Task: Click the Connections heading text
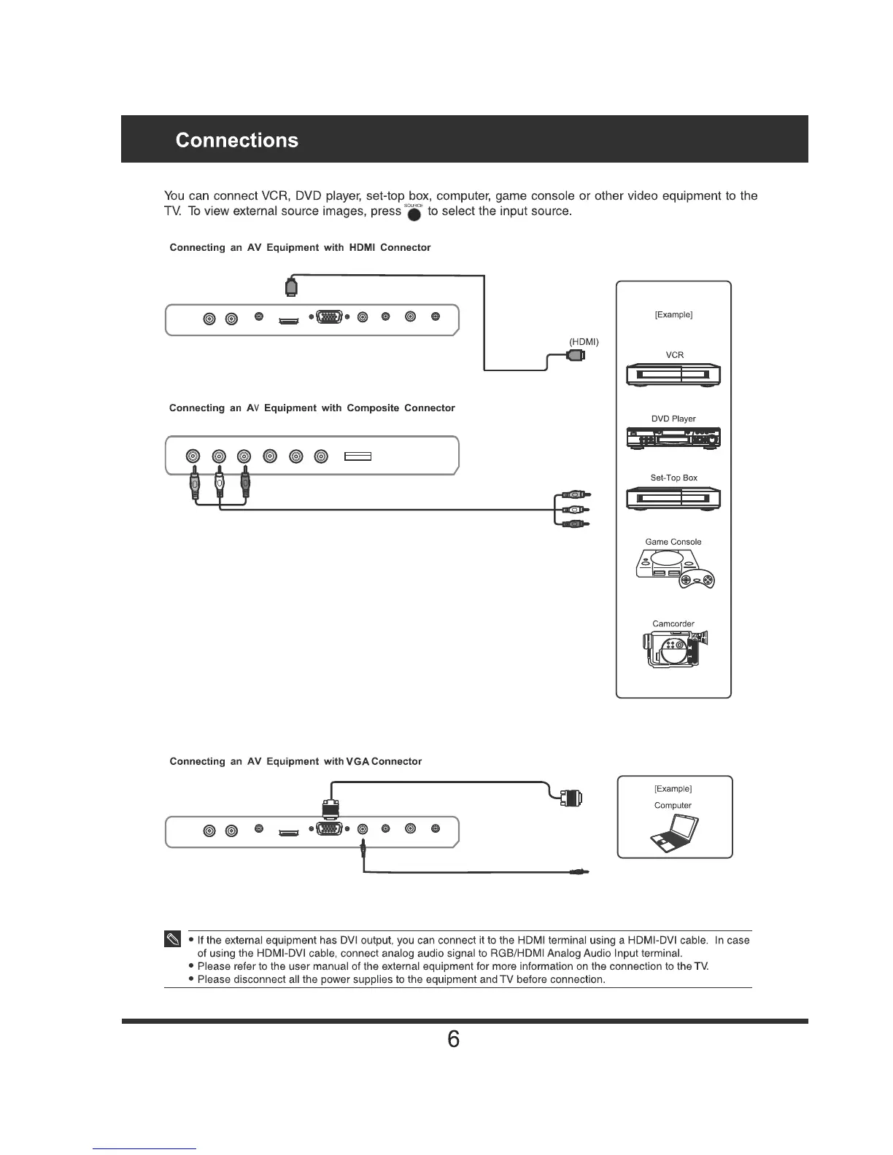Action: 237,140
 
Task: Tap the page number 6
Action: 453,1039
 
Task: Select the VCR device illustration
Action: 673,376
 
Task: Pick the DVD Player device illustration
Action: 673,437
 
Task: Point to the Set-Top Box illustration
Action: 673,499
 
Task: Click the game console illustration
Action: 675,568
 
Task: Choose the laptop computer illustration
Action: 675,832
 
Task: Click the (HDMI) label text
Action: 584,342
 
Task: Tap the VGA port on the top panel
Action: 329,318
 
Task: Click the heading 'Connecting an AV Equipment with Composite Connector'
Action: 312,408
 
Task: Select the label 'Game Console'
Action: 673,542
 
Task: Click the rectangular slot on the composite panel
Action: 358,457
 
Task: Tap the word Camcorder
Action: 673,624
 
